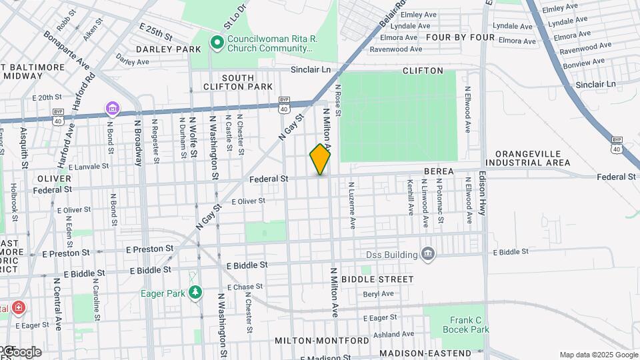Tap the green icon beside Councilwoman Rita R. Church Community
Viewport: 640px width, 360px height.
pos(217,43)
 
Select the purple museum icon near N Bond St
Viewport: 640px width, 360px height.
pos(111,109)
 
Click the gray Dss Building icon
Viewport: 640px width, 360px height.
pos(428,254)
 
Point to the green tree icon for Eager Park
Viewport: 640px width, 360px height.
pos(195,292)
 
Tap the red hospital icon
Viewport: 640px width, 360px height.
pos(18,308)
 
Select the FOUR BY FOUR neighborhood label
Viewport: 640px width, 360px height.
pos(461,37)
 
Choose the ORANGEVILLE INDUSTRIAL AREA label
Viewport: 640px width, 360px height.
pos(527,158)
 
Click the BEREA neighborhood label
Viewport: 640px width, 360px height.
pos(439,171)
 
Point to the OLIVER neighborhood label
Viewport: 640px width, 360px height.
pos(54,179)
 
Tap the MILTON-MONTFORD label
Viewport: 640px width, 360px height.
pos(321,341)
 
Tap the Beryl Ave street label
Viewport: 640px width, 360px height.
pos(379,294)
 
